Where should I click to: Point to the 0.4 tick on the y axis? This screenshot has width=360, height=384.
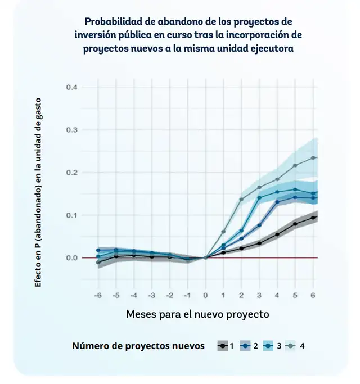coord(71,87)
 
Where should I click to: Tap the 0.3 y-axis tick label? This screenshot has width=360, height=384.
coord(71,130)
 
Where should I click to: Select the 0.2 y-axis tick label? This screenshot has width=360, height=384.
coord(71,173)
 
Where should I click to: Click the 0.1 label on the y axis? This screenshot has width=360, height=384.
coord(71,215)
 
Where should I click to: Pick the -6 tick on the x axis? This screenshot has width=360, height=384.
coord(97,295)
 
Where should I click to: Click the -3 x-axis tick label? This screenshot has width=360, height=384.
coord(151,295)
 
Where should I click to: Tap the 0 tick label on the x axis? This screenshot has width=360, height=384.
coord(205,295)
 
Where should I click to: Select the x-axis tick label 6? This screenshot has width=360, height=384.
coord(313,295)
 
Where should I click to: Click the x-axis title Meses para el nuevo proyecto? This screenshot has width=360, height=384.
coord(197,314)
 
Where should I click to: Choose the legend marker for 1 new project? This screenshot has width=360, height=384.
coord(223,346)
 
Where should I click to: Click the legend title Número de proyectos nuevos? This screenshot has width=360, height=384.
coord(138,346)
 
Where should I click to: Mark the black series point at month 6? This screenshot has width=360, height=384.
coord(313,217)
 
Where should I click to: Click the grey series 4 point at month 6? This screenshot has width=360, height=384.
coord(313,157)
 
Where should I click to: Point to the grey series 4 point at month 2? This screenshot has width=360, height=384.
coord(241,199)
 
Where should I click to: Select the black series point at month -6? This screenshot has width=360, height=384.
coord(98,263)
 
